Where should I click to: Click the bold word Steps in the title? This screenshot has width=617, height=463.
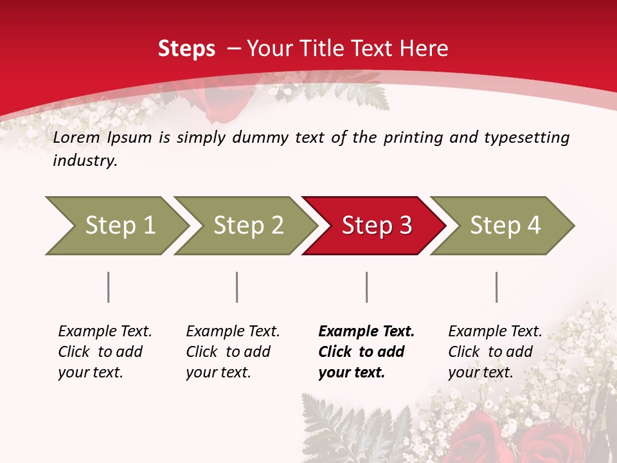point(186,49)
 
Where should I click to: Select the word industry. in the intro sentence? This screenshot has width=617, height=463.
point(85,161)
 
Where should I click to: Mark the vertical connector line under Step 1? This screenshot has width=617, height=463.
point(109,287)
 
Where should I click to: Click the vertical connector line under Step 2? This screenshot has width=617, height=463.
point(237,287)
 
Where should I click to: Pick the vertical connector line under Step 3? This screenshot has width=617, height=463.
point(367,287)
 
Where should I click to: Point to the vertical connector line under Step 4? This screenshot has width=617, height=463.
point(497,287)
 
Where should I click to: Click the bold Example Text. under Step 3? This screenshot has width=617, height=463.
point(366,332)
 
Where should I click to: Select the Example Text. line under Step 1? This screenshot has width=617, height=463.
point(105,332)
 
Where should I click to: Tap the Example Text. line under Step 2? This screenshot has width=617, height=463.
point(233,332)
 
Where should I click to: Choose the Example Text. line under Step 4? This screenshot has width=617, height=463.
point(495,332)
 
